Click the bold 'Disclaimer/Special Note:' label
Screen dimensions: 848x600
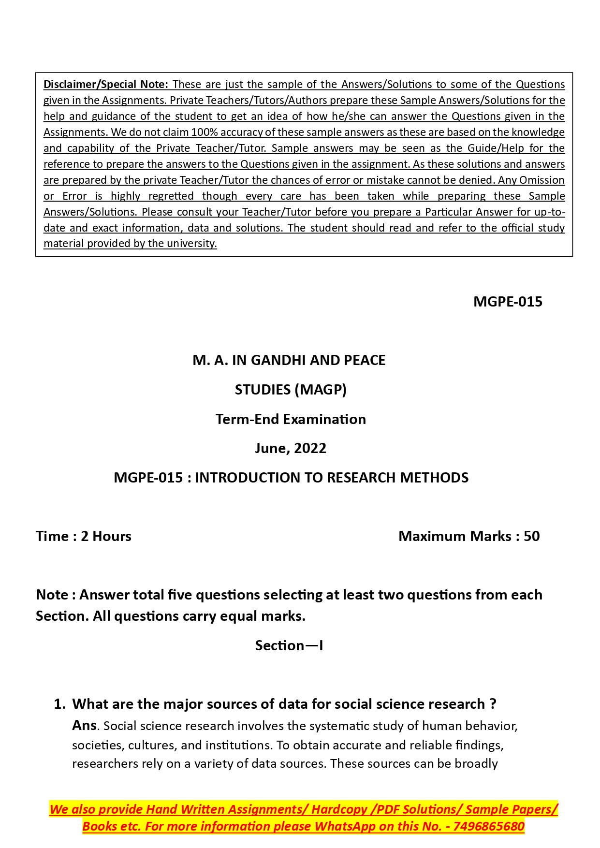[x=105, y=84]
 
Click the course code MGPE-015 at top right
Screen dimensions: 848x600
[x=508, y=302]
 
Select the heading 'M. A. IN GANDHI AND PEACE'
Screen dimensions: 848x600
[x=289, y=360]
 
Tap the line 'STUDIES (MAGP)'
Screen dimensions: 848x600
[x=291, y=390]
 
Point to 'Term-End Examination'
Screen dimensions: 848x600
[x=291, y=419]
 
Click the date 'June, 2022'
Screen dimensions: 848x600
[x=291, y=448]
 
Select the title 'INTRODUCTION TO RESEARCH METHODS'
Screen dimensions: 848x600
[x=332, y=478]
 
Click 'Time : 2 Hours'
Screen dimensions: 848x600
[x=84, y=536]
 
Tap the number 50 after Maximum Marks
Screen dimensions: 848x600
[x=531, y=536]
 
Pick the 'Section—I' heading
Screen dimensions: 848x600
[x=289, y=645]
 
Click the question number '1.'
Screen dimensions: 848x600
[x=59, y=704]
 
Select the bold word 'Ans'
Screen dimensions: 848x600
[x=84, y=725]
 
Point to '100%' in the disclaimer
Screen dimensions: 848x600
[x=205, y=132]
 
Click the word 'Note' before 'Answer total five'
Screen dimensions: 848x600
[x=52, y=595]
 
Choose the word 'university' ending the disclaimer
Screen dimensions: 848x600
[x=191, y=243]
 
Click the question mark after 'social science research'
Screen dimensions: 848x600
[x=493, y=704]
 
